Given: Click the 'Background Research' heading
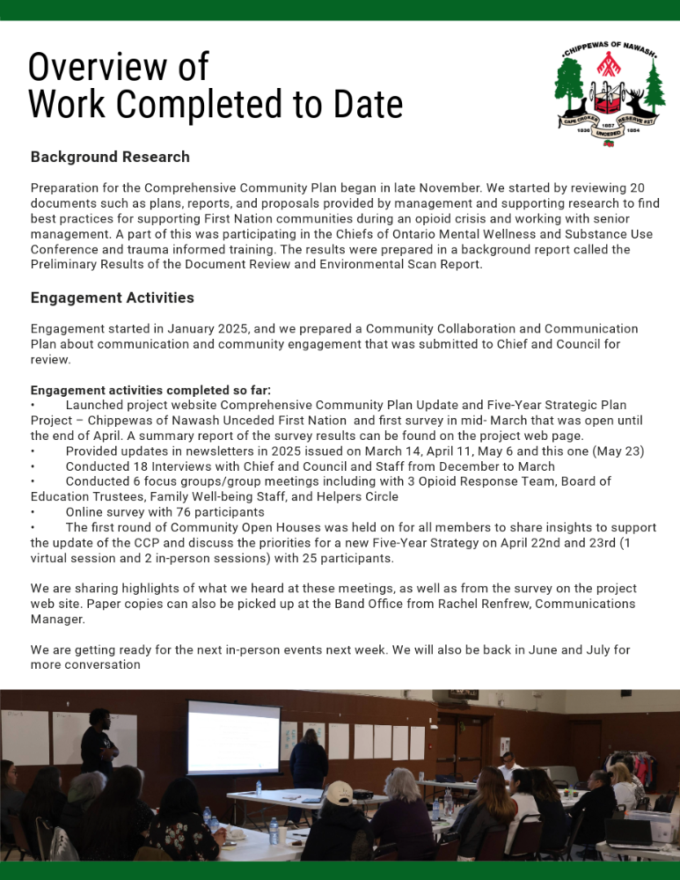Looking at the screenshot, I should pyautogui.click(x=110, y=157).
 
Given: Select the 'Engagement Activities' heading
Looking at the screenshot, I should pyautogui.click(x=112, y=297).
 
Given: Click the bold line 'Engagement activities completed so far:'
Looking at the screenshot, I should pyautogui.click(x=150, y=390).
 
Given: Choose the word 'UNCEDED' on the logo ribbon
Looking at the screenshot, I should pyautogui.click(x=608, y=133).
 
